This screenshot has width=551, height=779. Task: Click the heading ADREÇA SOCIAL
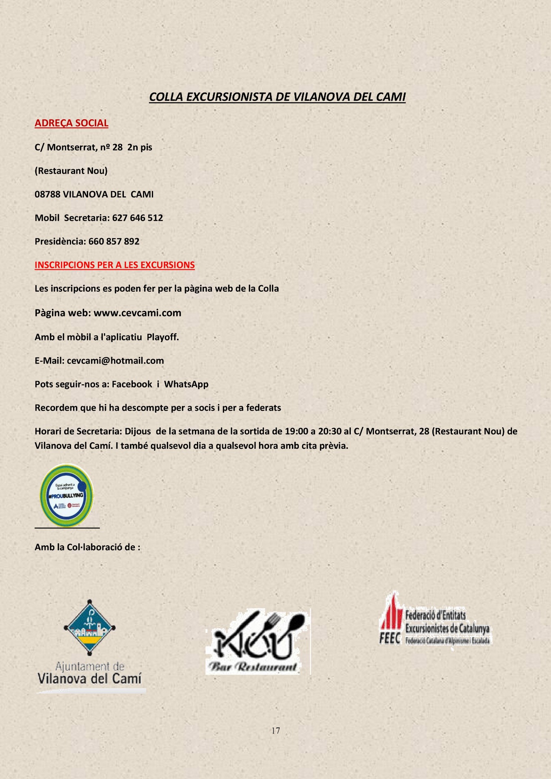(71, 123)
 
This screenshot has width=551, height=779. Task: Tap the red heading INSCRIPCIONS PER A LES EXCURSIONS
(115, 265)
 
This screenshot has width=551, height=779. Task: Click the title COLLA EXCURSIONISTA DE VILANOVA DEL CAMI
(277, 97)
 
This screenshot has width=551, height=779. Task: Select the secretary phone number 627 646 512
(138, 218)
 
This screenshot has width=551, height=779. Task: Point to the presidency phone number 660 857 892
(114, 241)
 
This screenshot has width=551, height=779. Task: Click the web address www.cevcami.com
(137, 313)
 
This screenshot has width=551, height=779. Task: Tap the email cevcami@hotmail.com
(115, 361)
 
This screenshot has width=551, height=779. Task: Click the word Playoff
(162, 337)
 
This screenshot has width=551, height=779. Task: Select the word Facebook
(132, 384)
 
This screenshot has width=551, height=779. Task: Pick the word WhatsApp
(186, 384)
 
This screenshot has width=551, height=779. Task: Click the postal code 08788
(47, 194)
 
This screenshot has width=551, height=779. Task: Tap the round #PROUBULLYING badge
(67, 495)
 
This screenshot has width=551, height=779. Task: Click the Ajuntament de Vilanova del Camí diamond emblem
(90, 627)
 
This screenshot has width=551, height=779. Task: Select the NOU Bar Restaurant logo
(258, 641)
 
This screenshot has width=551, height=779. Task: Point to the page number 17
(276, 731)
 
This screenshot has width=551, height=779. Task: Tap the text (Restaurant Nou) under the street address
(71, 171)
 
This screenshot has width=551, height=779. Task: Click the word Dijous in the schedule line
(138, 431)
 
